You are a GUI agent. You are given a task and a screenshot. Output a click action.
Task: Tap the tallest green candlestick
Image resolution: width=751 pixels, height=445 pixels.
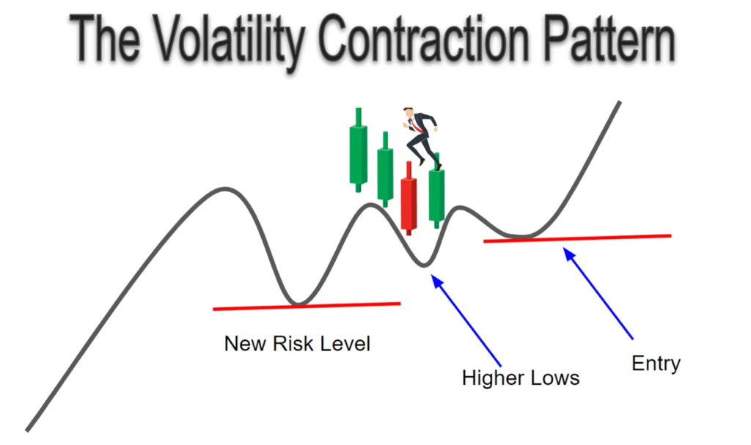tap(358, 150)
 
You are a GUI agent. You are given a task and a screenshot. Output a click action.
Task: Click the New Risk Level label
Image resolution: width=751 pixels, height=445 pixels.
tap(297, 343)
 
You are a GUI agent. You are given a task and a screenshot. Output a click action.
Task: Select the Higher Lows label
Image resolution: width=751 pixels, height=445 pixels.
tap(520, 378)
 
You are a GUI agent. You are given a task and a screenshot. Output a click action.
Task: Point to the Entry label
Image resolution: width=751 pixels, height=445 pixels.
tap(656, 364)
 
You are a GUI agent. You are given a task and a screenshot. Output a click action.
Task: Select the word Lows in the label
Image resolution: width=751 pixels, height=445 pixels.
tap(557, 378)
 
